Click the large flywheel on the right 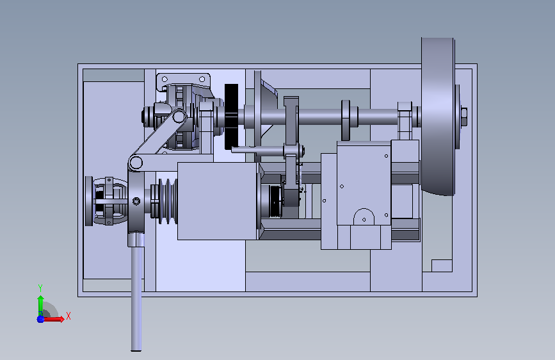pos(437,116)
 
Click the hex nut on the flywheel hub pos(464,117)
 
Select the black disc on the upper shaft pos(232,117)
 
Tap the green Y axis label pos(40,288)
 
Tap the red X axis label pos(68,316)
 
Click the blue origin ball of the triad pos(40,319)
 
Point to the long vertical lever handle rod pos(136,298)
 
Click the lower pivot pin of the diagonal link pos(136,163)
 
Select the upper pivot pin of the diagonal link pos(179,116)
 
